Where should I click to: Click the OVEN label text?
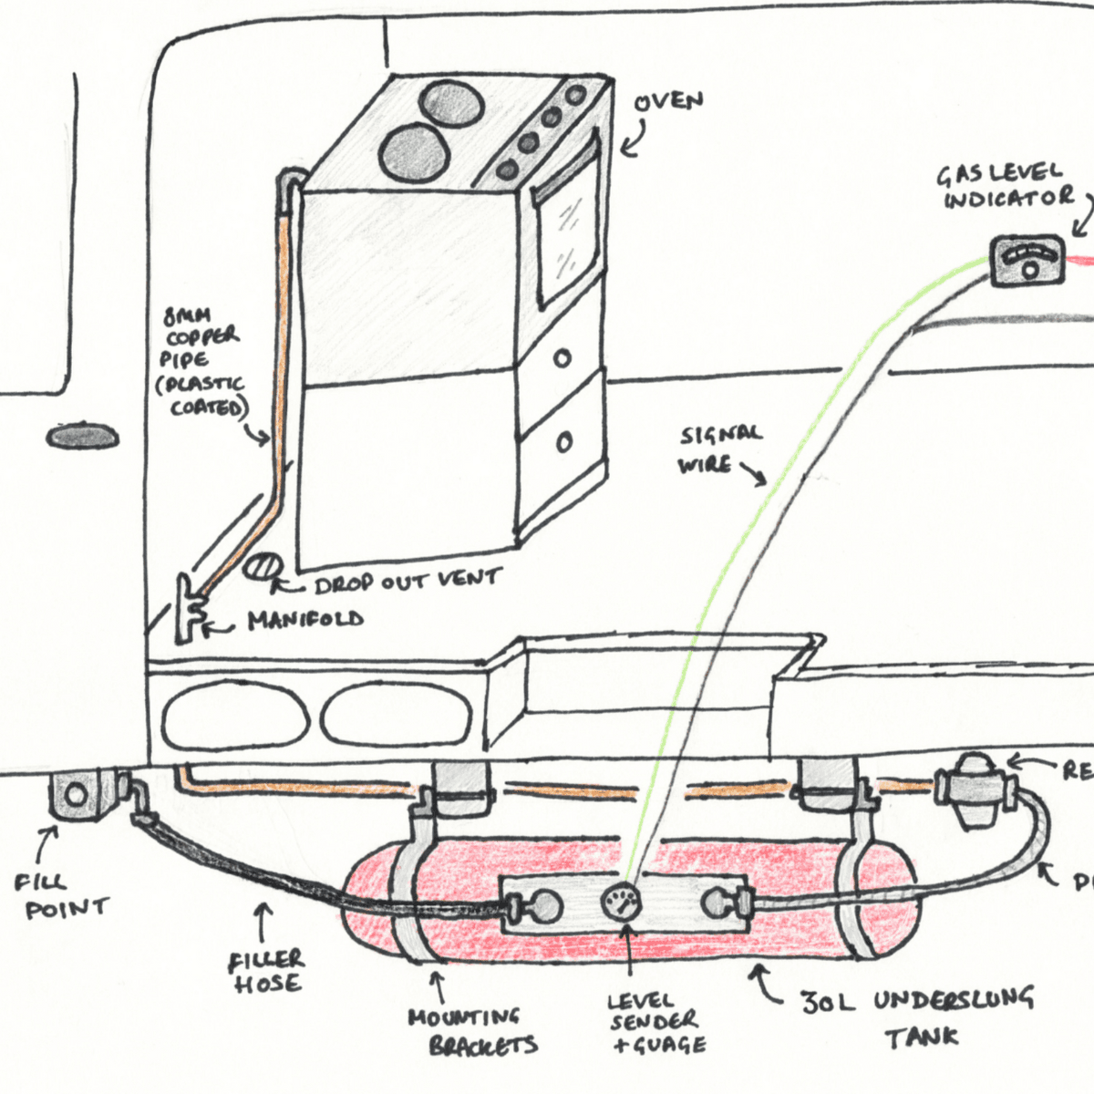pyautogui.click(x=670, y=101)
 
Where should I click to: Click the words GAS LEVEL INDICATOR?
pyautogui.click(x=1007, y=186)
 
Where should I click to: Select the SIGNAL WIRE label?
pyautogui.click(x=717, y=449)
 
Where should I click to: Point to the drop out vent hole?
pyautogui.click(x=263, y=565)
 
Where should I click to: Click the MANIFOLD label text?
pyautogui.click(x=305, y=621)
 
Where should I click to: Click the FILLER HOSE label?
pyautogui.click(x=267, y=971)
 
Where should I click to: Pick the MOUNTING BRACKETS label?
pyautogui.click(x=470, y=1031)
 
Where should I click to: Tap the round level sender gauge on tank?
pyautogui.click(x=622, y=903)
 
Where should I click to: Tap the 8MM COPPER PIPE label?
pyautogui.click(x=202, y=363)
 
